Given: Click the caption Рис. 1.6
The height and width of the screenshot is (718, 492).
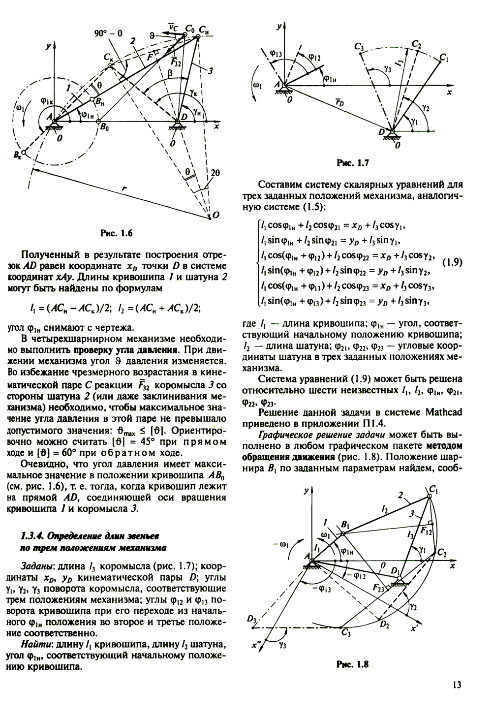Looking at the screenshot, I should point(116,234).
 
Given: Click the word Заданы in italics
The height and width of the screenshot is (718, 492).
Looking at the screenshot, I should point(35,565).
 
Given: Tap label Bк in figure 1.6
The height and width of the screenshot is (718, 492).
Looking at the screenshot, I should point(20,156).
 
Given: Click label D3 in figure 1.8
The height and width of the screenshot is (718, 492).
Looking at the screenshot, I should point(253,619).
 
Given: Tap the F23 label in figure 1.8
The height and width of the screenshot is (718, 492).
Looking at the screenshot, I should point(379,588).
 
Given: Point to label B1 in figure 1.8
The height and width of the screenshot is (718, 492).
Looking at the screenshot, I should point(344,524).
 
